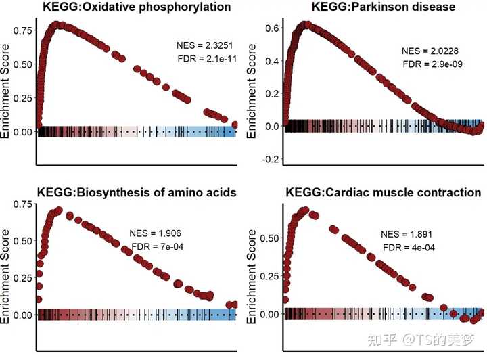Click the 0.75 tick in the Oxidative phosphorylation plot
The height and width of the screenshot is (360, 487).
(x=22, y=30)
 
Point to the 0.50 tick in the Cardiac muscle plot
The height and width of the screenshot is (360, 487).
(x=269, y=239)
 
